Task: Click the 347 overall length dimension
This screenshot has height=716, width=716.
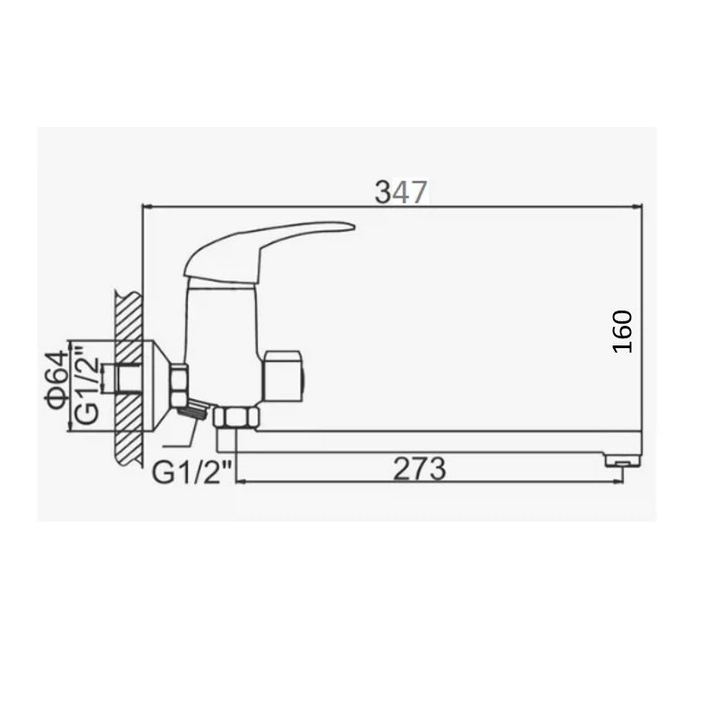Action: pos(401,192)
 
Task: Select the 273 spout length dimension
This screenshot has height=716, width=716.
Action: pos(419,469)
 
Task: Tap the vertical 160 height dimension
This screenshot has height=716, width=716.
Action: pos(622,331)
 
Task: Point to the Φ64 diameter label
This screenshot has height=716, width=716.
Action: pos(56,379)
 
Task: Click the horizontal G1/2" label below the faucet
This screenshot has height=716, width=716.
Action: pos(192,473)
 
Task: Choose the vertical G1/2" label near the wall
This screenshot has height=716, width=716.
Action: pos(87,385)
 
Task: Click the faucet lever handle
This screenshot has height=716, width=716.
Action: pos(269,251)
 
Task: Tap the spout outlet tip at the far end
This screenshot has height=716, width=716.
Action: pos(623,459)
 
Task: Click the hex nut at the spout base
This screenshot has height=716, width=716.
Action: pos(236,417)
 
